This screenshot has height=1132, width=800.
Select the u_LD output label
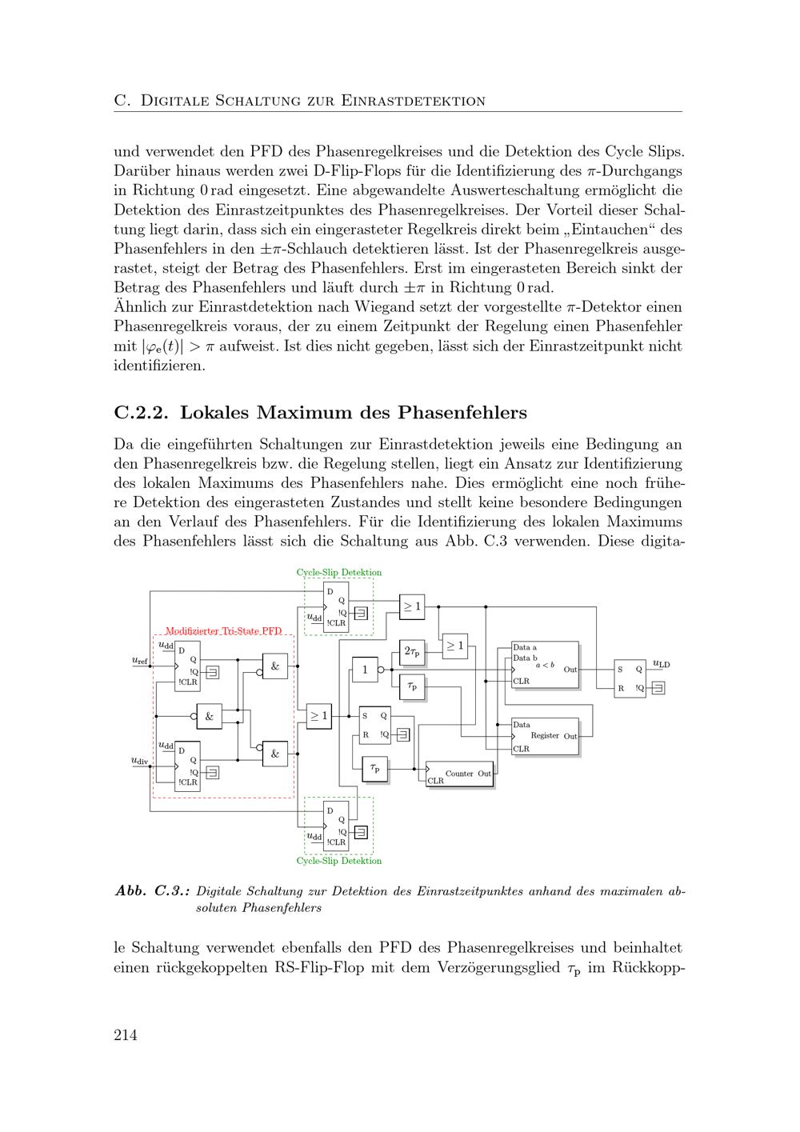661,664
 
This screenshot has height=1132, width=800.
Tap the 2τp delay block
412,652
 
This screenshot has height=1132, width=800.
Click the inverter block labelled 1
365,670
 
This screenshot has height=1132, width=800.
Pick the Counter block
460,774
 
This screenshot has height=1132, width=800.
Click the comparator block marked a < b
545,664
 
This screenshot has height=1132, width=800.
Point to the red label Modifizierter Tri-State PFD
223,631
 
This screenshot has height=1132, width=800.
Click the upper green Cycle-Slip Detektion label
338,573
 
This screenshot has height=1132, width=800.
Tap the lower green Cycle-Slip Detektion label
338,861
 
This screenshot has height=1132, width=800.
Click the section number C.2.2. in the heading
142,413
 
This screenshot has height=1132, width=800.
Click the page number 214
126,1035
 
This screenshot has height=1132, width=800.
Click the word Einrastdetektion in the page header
414,101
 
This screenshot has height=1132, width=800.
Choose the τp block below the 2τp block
412,686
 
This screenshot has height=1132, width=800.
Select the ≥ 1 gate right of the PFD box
318,716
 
